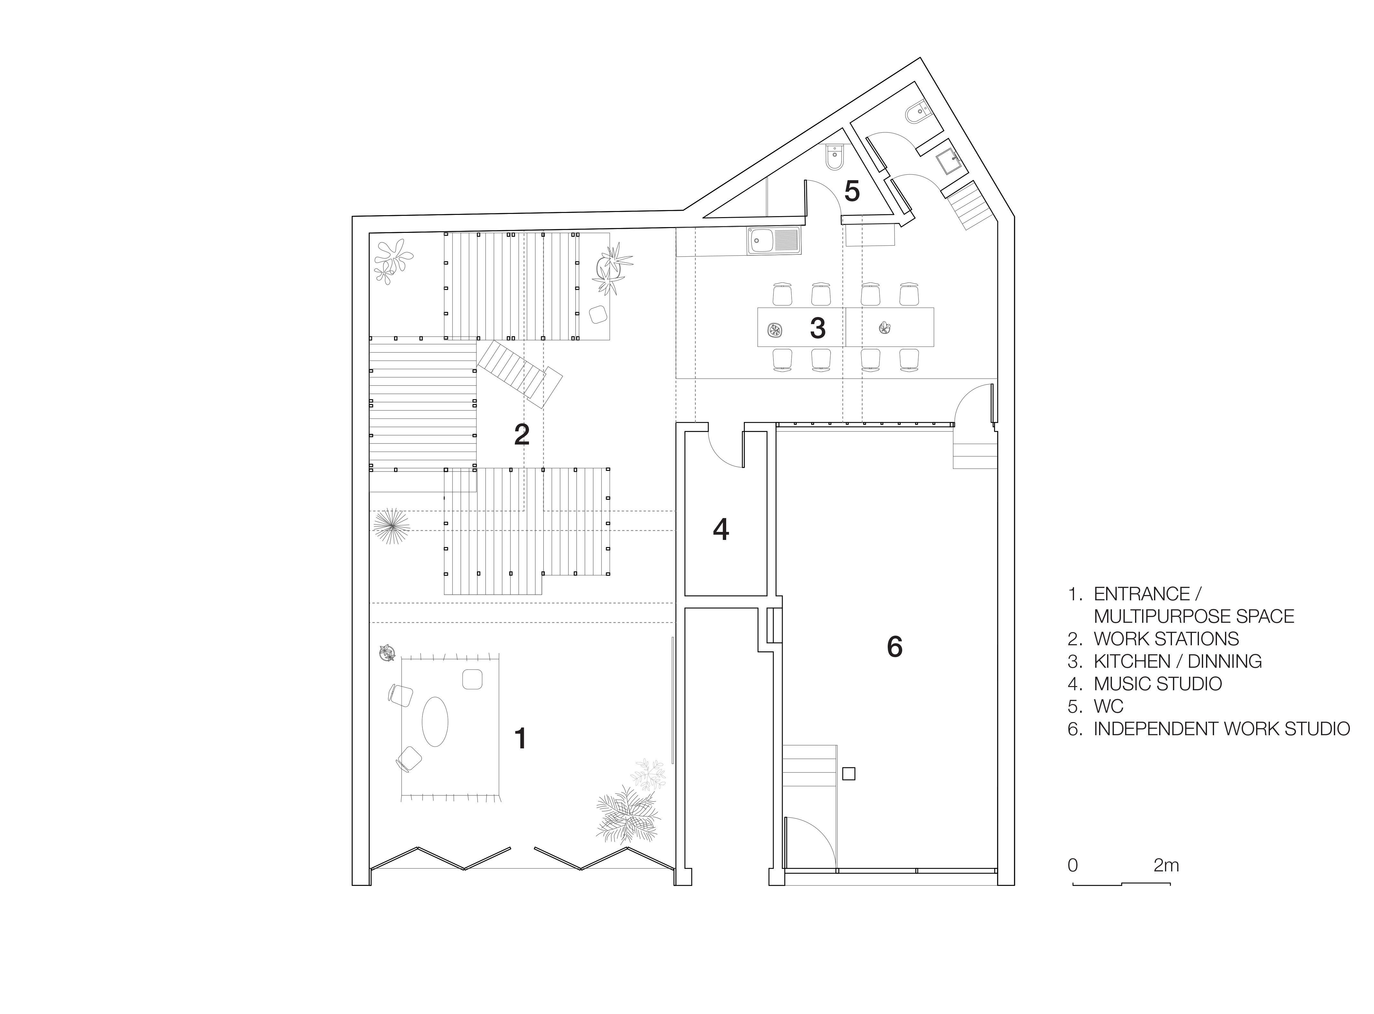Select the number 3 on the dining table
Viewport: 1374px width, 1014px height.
[x=817, y=328]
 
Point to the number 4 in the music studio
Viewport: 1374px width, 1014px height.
[x=721, y=529]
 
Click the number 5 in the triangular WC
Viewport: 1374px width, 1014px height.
[x=852, y=191]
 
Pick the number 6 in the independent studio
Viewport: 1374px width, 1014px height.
[x=895, y=646]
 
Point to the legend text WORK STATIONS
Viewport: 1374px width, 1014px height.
[x=1166, y=639]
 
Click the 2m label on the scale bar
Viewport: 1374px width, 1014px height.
[x=1166, y=866]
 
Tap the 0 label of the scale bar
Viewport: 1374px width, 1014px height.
[x=1073, y=866]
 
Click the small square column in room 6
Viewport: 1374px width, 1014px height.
[x=849, y=774]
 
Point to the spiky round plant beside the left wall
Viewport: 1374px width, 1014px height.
[x=391, y=525]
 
